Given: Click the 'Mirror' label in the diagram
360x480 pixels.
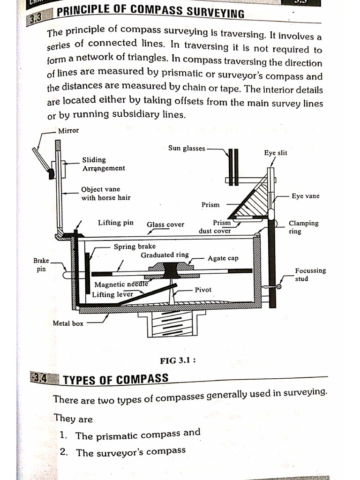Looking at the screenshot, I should pyautogui.click(x=69, y=131).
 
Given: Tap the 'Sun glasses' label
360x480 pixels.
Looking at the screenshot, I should pyautogui.click(x=187, y=148).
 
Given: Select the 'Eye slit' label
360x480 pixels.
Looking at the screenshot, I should pyautogui.click(x=276, y=153).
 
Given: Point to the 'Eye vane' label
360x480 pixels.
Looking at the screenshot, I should pyautogui.click(x=305, y=196).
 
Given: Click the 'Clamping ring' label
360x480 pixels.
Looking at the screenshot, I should pyautogui.click(x=303, y=227).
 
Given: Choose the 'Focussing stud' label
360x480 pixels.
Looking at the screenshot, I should pyautogui.click(x=310, y=274).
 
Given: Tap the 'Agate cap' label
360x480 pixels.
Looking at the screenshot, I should pyautogui.click(x=223, y=258).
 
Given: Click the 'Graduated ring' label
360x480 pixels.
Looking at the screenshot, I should pyautogui.click(x=165, y=255).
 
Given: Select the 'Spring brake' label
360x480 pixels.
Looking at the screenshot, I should pyautogui.click(x=135, y=246).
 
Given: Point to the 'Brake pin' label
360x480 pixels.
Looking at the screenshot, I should pyautogui.click(x=41, y=264).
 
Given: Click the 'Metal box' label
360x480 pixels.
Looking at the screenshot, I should pyautogui.click(x=68, y=323).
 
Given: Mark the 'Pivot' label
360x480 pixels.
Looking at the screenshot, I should pyautogui.click(x=203, y=290).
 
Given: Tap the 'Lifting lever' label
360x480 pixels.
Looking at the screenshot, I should pyautogui.click(x=112, y=294).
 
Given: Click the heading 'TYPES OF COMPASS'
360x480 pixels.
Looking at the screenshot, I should pyautogui.click(x=115, y=379).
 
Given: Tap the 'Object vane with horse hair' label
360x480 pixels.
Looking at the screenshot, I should pyautogui.click(x=105, y=194).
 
